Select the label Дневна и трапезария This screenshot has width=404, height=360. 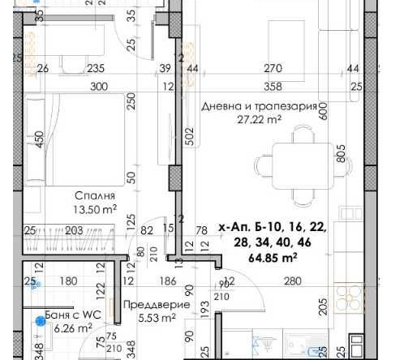[259, 105]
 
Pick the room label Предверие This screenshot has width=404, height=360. [157, 305]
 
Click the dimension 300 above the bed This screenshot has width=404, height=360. [99, 86]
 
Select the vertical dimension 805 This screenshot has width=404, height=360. [340, 153]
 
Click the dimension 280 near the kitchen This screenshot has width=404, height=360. [292, 281]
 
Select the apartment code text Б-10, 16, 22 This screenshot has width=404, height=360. [273, 230]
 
